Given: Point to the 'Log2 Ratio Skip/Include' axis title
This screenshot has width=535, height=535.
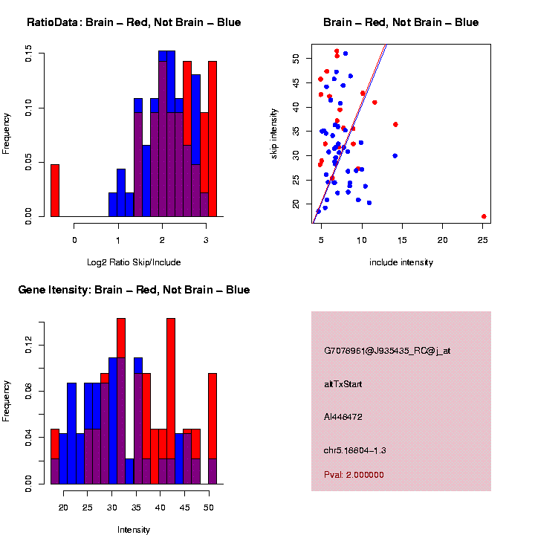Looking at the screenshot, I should click(x=133, y=262).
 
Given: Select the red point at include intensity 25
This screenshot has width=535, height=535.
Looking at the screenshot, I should click(x=484, y=216).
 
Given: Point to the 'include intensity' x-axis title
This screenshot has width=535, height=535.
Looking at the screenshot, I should click(x=401, y=262).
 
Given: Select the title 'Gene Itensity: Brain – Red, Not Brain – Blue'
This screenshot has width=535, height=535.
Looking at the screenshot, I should click(x=134, y=290).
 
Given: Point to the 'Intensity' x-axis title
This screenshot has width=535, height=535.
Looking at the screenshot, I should click(x=133, y=530).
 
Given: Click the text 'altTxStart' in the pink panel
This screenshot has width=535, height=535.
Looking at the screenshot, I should click(x=343, y=384).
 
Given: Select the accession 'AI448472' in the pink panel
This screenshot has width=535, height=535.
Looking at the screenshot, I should click(x=343, y=417).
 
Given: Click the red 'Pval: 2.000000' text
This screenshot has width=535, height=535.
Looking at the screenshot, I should click(x=354, y=475).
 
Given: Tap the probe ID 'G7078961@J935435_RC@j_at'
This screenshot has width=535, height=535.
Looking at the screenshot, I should click(x=386, y=351).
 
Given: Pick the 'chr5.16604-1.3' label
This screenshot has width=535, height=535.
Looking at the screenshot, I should click(x=354, y=450).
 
